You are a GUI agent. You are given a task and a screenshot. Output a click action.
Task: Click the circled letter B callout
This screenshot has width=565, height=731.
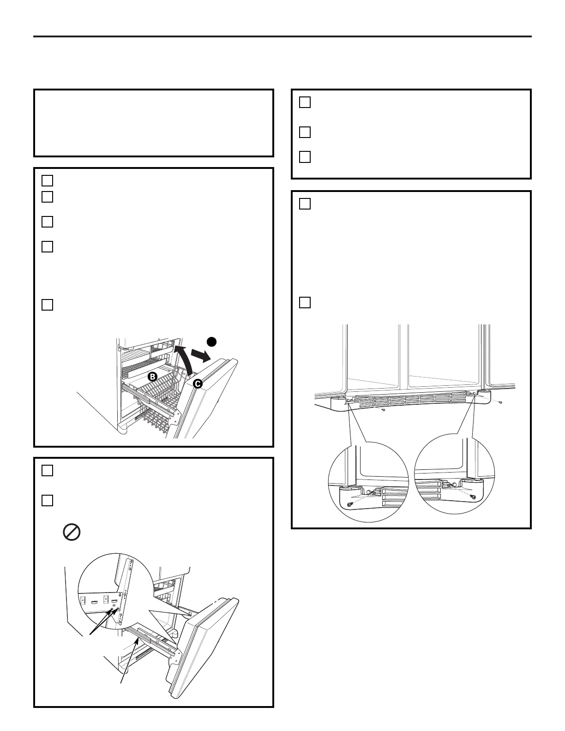click(x=152, y=377)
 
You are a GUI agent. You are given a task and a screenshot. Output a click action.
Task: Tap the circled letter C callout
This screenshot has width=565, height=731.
click(x=198, y=383)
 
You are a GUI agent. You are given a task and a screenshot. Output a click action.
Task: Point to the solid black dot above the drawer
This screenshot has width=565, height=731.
click(x=212, y=342)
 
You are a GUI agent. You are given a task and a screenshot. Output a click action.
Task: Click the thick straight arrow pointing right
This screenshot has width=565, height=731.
click(x=201, y=355)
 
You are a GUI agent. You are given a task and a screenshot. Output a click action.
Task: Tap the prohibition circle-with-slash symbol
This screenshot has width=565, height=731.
click(x=72, y=532)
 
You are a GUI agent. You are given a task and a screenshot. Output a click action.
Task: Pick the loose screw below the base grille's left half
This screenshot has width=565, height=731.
click(x=384, y=410)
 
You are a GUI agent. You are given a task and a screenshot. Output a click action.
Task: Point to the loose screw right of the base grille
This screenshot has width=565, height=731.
click(x=501, y=402)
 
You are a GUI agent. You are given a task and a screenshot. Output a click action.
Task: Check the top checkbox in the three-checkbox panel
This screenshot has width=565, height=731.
click(x=305, y=102)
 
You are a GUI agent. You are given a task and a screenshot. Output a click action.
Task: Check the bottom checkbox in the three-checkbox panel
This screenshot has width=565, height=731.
click(x=305, y=157)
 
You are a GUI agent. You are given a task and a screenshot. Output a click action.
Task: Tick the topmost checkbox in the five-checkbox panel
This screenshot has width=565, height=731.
click(x=48, y=180)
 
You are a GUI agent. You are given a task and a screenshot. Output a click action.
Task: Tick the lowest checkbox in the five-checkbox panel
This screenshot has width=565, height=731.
click(x=48, y=305)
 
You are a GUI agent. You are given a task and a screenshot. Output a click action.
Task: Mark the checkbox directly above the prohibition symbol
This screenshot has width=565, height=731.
click(x=48, y=501)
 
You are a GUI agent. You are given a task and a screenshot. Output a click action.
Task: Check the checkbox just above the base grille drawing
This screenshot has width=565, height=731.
click(x=305, y=302)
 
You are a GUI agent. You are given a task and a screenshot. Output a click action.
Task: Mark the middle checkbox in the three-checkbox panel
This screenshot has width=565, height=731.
click(x=305, y=132)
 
